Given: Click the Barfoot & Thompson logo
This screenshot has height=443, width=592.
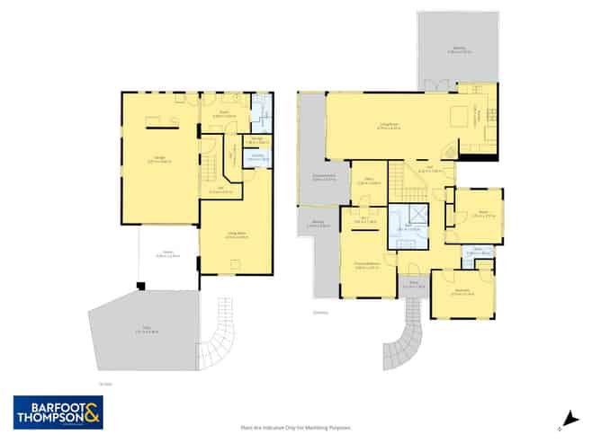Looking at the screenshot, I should click(58, 412).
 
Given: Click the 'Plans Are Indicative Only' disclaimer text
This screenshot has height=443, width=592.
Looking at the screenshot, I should click(295, 429).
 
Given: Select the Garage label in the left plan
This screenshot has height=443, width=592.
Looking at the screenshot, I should click(161, 160).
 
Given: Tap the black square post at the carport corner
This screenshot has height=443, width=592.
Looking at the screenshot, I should click(140, 287).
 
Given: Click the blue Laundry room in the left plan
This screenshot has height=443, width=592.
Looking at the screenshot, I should click(257, 159).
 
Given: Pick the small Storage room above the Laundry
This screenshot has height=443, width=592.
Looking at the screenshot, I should click(257, 140).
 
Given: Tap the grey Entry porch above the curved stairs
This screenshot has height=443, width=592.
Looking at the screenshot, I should click(414, 286).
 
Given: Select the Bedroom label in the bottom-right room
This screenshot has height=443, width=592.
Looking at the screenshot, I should click(462, 292).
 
